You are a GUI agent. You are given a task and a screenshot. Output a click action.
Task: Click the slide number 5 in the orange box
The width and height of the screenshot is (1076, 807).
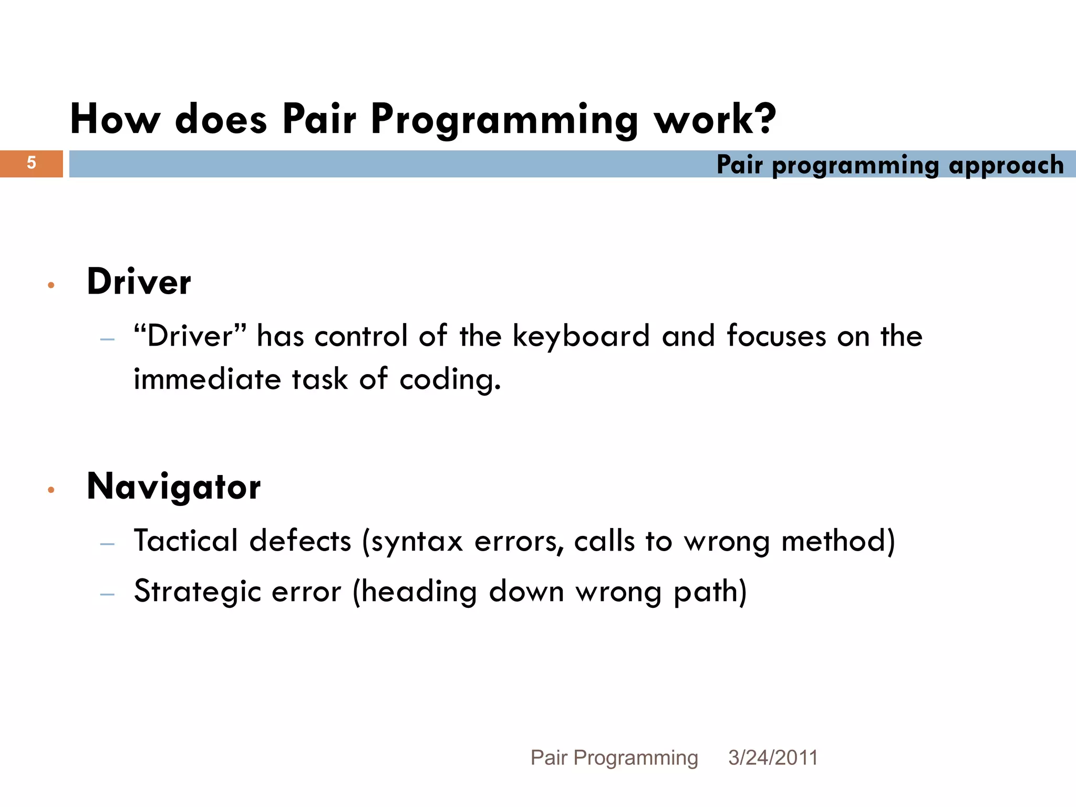[x=32, y=163]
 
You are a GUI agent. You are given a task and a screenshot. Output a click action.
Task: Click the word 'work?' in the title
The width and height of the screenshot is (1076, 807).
[x=715, y=119]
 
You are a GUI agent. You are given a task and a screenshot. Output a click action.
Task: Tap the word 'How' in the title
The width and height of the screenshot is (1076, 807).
[x=115, y=119]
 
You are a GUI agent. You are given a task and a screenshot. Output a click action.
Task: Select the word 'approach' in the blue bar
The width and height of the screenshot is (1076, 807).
[x=1006, y=165]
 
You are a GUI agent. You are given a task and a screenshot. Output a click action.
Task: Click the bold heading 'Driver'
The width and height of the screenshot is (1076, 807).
[x=139, y=282]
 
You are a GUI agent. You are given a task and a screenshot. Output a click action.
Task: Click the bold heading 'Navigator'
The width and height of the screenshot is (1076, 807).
[x=173, y=487]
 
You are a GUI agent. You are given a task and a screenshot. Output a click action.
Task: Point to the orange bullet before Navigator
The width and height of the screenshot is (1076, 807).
[x=51, y=490]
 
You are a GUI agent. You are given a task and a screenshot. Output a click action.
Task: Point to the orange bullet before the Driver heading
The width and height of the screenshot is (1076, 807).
[x=51, y=285]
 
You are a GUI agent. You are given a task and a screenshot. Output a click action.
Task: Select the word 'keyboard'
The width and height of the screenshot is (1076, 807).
[x=581, y=337]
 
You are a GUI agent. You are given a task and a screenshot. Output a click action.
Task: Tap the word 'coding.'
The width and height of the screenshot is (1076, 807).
[x=450, y=379]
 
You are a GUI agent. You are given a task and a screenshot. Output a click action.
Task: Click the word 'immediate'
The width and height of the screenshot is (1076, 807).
[x=207, y=379]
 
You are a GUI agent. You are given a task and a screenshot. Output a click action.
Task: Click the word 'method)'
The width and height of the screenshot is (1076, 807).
[x=838, y=541]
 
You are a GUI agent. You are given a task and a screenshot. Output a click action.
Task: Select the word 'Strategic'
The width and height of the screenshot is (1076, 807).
[x=198, y=592]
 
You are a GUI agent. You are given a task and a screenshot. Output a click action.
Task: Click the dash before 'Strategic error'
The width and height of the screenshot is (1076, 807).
[x=107, y=595]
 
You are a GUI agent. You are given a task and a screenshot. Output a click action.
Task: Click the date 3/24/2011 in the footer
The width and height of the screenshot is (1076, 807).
[x=773, y=758]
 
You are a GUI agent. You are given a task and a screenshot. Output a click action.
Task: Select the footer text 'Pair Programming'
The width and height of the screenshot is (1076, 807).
[x=614, y=758]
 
